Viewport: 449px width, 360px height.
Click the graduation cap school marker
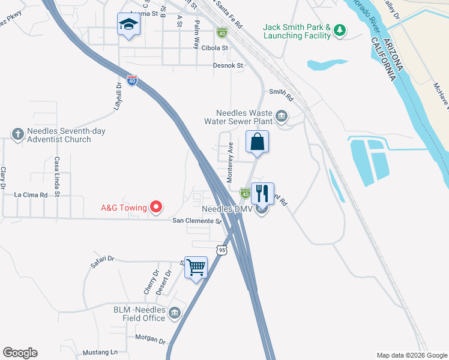pyautogui.click(x=128, y=24)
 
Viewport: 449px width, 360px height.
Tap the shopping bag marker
pyautogui.click(x=257, y=142)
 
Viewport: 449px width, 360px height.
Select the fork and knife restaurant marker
pyautogui.click(x=262, y=193)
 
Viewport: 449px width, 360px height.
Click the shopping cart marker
pyautogui.click(x=196, y=267)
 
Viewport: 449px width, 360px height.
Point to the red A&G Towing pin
pyautogui.click(x=156, y=208)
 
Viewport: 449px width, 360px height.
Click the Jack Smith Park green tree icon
pyautogui.click(x=340, y=30)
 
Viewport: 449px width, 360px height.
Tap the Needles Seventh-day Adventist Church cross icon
pyautogui.click(x=18, y=133)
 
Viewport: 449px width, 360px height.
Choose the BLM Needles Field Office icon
pyautogui.click(x=175, y=312)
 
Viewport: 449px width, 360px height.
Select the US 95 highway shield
pyautogui.click(x=222, y=249)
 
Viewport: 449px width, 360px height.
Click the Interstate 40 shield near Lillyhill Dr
pyautogui.click(x=132, y=79)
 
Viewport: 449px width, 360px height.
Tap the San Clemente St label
pyautogui.click(x=197, y=221)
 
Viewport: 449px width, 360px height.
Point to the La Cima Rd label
pyautogui.click(x=31, y=195)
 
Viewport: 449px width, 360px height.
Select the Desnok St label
pyautogui.click(x=228, y=65)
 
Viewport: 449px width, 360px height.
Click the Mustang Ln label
pyautogui.click(x=100, y=352)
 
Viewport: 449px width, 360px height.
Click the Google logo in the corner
pyautogui.click(x=20, y=353)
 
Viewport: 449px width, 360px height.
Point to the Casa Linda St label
pyautogui.click(x=57, y=177)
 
